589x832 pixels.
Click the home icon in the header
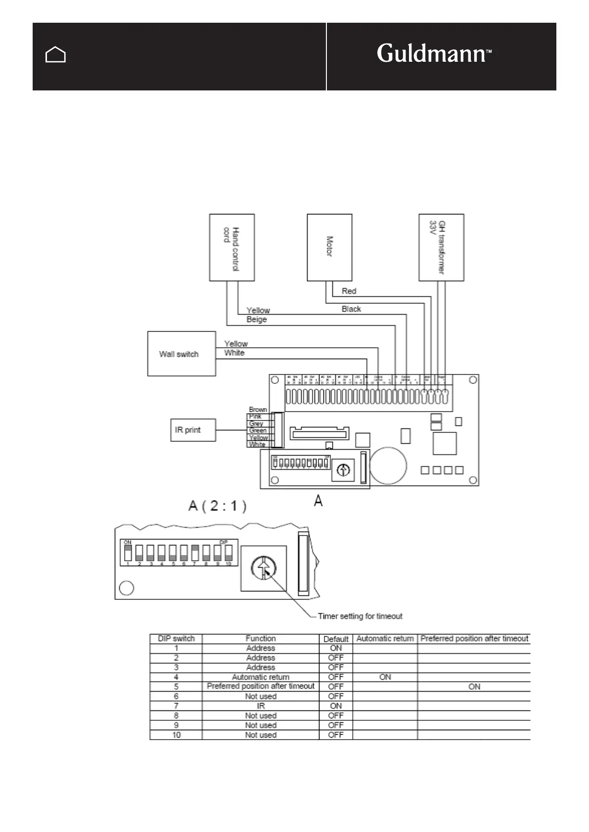[x=55, y=55]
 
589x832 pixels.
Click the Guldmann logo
[x=434, y=53]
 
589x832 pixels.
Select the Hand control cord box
[x=231, y=248]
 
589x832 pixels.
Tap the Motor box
[x=329, y=248]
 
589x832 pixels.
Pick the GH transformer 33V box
[x=441, y=248]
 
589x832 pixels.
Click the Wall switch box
[x=181, y=354]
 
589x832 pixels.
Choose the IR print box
[x=192, y=430]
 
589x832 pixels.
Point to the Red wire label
[x=349, y=291]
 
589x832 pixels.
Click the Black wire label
[x=351, y=309]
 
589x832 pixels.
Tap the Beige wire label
[x=257, y=320]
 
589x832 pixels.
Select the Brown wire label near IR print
[x=258, y=410]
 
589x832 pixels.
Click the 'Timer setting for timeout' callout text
[x=360, y=616]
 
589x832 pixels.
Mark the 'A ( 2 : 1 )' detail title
[x=218, y=506]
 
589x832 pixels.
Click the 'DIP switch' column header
[x=176, y=638]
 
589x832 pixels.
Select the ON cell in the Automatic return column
[x=385, y=677]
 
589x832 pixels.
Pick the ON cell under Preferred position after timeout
[x=474, y=686]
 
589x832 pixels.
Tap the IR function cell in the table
[x=261, y=706]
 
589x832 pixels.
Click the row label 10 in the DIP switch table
[x=176, y=735]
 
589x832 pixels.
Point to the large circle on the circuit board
[x=388, y=465]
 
